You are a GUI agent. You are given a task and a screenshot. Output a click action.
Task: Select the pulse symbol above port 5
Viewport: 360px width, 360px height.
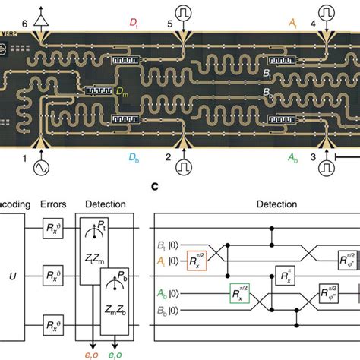click(x=185, y=14)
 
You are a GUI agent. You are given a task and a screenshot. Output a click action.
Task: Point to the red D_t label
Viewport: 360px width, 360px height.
click(x=115, y=24)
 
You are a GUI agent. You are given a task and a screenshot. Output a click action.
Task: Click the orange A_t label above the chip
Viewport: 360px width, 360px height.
click(x=292, y=24)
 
